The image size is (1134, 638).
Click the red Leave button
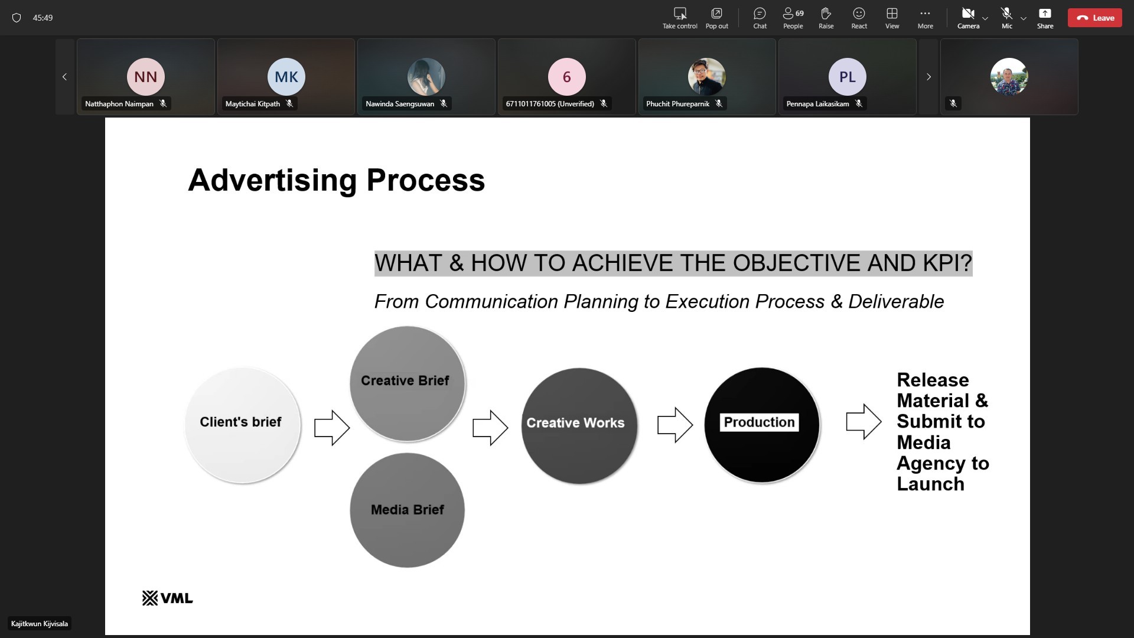[x=1094, y=18]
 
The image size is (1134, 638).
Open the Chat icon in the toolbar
[x=760, y=14]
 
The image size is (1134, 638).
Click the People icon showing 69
[x=793, y=14]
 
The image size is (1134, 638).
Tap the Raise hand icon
[x=826, y=14]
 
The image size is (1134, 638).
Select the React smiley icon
[x=859, y=14]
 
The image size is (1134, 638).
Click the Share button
[x=1045, y=14]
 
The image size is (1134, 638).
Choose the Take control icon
[x=680, y=14]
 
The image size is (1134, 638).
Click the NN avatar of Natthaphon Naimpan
[x=146, y=77]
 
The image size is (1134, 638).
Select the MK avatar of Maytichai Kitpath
[x=286, y=77]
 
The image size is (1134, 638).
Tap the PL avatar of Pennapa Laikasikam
[x=848, y=77]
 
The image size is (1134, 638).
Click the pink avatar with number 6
[x=567, y=77]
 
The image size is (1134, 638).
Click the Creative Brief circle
[x=408, y=383]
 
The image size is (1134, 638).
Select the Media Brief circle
[x=408, y=510]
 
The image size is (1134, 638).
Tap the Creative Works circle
[x=579, y=426]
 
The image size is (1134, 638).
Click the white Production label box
[x=760, y=422]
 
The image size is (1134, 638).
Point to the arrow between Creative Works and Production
[x=675, y=425]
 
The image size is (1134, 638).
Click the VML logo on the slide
[x=168, y=598]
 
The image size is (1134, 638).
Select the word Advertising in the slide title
[x=272, y=180]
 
